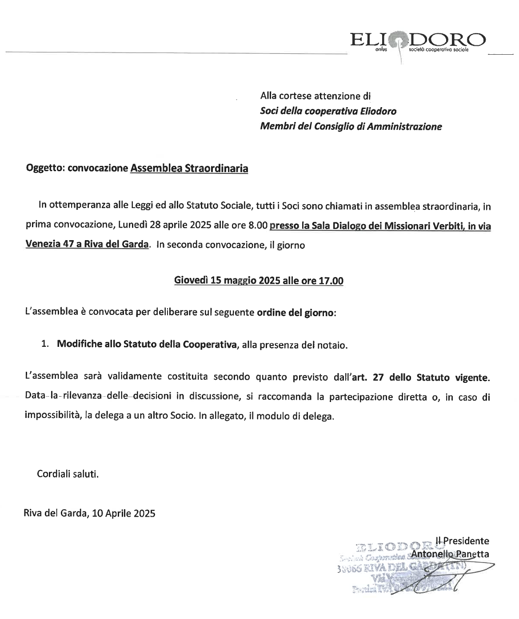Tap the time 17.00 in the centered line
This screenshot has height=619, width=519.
click(x=331, y=281)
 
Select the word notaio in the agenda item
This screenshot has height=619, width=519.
click(x=331, y=345)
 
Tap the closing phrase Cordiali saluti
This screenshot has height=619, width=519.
click(x=68, y=474)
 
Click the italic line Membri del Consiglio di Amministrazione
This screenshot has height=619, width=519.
click(x=351, y=127)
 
